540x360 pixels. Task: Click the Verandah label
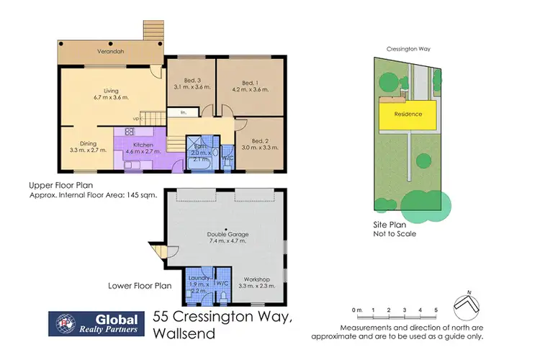pyautogui.click(x=109, y=53)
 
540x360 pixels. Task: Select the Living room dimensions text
pyautogui.click(x=106, y=97)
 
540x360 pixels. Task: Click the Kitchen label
pyautogui.click(x=138, y=144)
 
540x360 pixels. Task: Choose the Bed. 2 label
pyautogui.click(x=260, y=140)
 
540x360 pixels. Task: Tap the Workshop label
pyautogui.click(x=256, y=278)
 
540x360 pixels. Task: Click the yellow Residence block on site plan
pyautogui.click(x=407, y=114)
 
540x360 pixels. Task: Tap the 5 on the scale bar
pyautogui.click(x=436, y=310)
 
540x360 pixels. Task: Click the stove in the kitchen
pyautogui.click(x=130, y=132)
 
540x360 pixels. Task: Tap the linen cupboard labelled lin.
pyautogui.click(x=184, y=112)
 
